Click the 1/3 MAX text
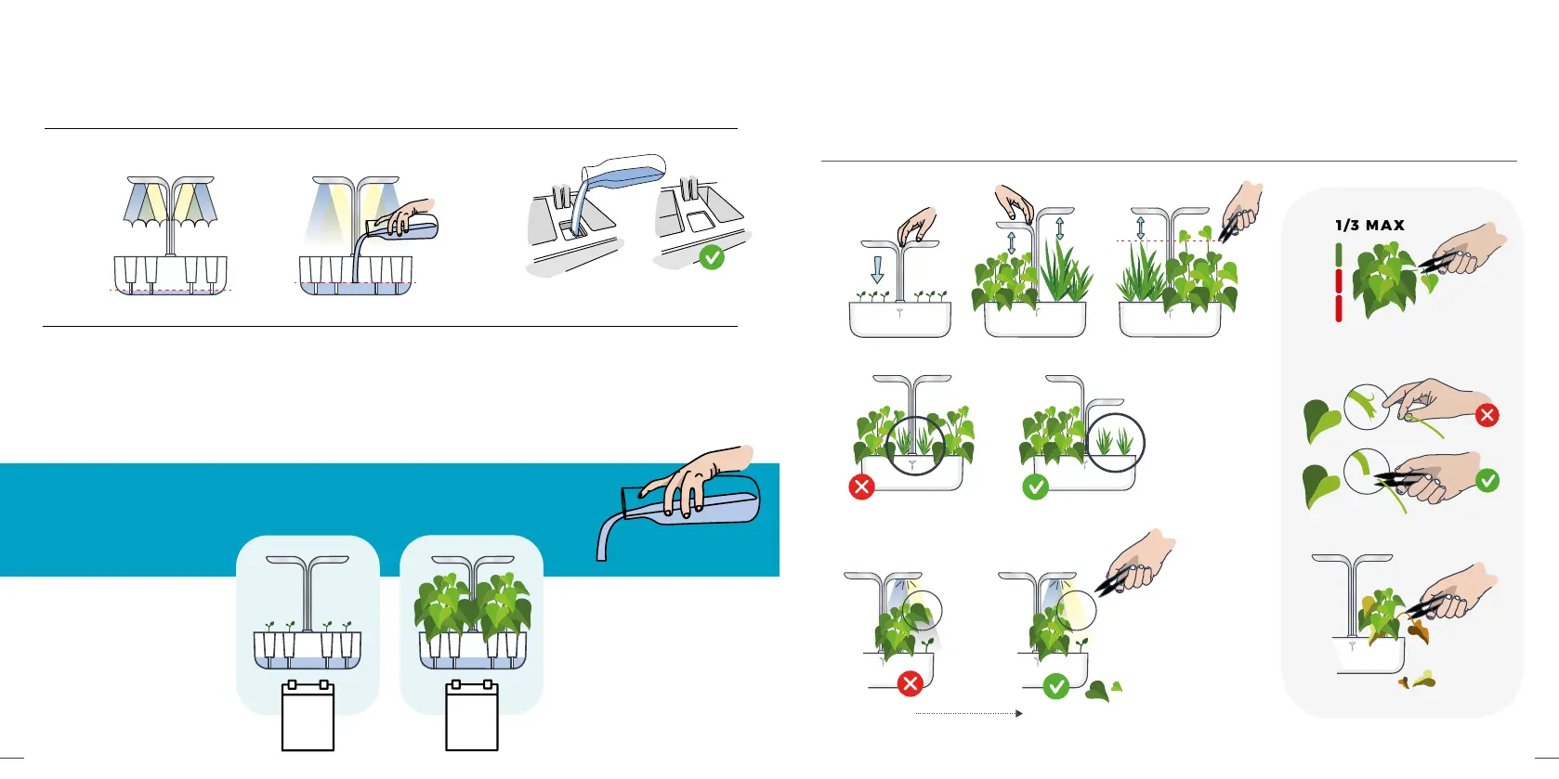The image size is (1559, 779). (1369, 226)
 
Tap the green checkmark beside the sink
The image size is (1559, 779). (712, 257)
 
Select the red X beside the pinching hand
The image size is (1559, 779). (1487, 415)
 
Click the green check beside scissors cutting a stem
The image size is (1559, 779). (1487, 480)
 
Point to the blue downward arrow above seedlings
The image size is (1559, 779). (877, 269)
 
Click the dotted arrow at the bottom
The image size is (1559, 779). (969, 713)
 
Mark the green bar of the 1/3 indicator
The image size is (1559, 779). (1339, 253)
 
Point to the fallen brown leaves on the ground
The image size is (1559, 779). (1418, 682)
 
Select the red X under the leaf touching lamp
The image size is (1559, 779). (910, 684)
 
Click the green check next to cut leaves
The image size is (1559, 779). (1055, 686)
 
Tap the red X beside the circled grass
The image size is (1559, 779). (861, 487)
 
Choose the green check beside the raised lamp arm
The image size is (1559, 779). (1034, 487)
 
